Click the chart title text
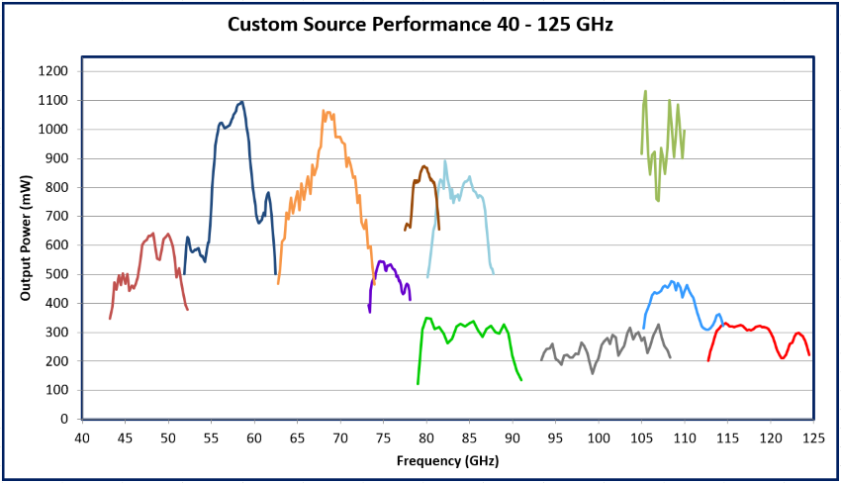coord(420,24)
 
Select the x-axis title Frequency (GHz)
coord(448,461)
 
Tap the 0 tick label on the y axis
coord(64,419)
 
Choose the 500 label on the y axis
coord(58,274)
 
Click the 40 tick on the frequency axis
coord(81,437)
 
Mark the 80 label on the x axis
coord(425,437)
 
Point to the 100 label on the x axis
coord(598,437)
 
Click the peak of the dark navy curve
coord(241,102)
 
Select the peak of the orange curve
coord(324,112)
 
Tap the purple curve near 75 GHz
coord(383,262)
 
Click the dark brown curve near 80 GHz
coord(424,167)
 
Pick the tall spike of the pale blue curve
coord(445,161)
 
